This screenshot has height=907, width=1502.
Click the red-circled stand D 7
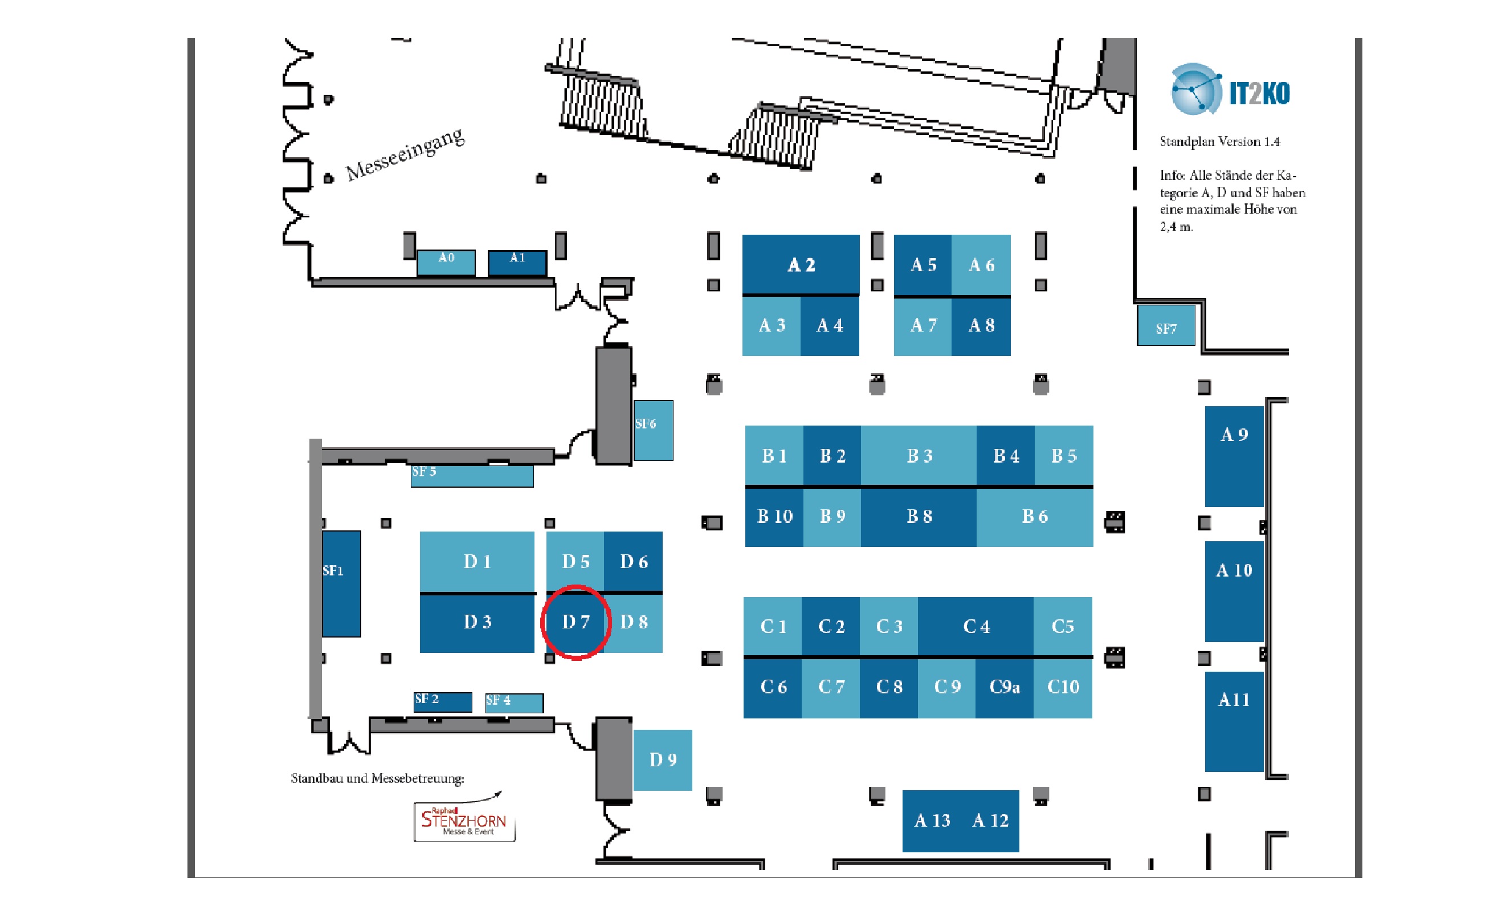(x=576, y=622)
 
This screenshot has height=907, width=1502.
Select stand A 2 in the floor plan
(x=801, y=264)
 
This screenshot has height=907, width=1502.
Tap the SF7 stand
(x=1165, y=326)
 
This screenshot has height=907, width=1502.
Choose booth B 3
(x=919, y=455)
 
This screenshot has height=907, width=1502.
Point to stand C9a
(x=1004, y=687)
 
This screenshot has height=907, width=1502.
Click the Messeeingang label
(x=405, y=154)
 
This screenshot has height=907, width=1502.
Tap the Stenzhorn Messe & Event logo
(x=464, y=821)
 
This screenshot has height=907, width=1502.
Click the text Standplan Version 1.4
(x=1219, y=141)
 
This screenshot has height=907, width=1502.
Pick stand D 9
(x=663, y=759)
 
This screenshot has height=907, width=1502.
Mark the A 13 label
(x=932, y=820)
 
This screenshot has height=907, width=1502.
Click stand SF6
(x=653, y=430)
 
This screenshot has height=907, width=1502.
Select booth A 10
(x=1234, y=590)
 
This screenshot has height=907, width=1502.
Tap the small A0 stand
(x=446, y=262)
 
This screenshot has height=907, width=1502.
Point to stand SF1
(x=341, y=583)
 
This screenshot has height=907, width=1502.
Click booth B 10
(x=774, y=516)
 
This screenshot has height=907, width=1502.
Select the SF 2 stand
(x=443, y=701)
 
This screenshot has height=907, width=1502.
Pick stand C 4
(x=976, y=627)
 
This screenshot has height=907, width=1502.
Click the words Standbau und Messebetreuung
(x=377, y=778)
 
